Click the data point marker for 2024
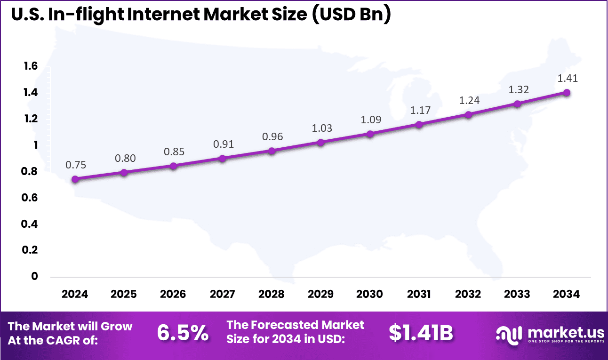[75, 179]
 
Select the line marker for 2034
[567, 93]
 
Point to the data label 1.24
[469, 100]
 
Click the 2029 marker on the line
[321, 142]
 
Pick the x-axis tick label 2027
[223, 294]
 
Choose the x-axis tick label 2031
[419, 294]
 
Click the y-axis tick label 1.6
[31, 66]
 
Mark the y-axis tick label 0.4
[31, 224]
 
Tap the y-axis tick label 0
[34, 276]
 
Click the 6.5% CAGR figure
[183, 333]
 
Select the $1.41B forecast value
[421, 333]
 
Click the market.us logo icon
[509, 334]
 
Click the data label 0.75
[75, 165]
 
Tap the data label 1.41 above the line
[567, 79]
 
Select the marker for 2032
[469, 114]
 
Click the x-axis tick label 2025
[124, 294]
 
